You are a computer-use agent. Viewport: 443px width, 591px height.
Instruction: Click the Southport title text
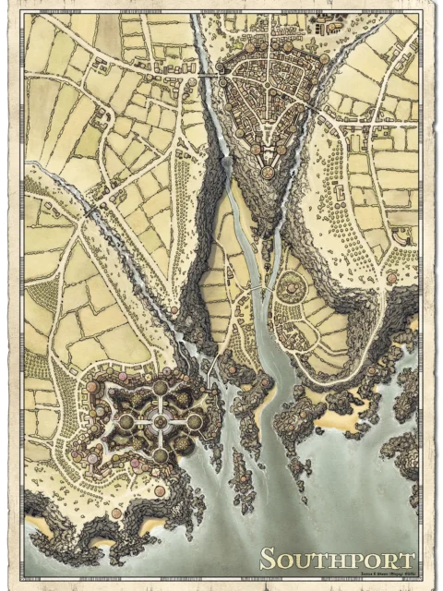tap(336, 559)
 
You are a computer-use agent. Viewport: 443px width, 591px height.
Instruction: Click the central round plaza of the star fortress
tap(161, 421)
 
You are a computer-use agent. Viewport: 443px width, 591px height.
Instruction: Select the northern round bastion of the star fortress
tap(161, 387)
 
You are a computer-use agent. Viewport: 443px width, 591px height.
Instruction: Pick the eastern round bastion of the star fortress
tap(195, 421)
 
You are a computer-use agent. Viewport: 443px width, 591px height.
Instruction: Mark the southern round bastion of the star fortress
tap(161, 455)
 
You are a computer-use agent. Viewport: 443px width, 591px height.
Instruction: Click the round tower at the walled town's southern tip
tap(268, 172)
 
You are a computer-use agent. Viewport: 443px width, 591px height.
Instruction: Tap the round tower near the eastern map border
tap(391, 277)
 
